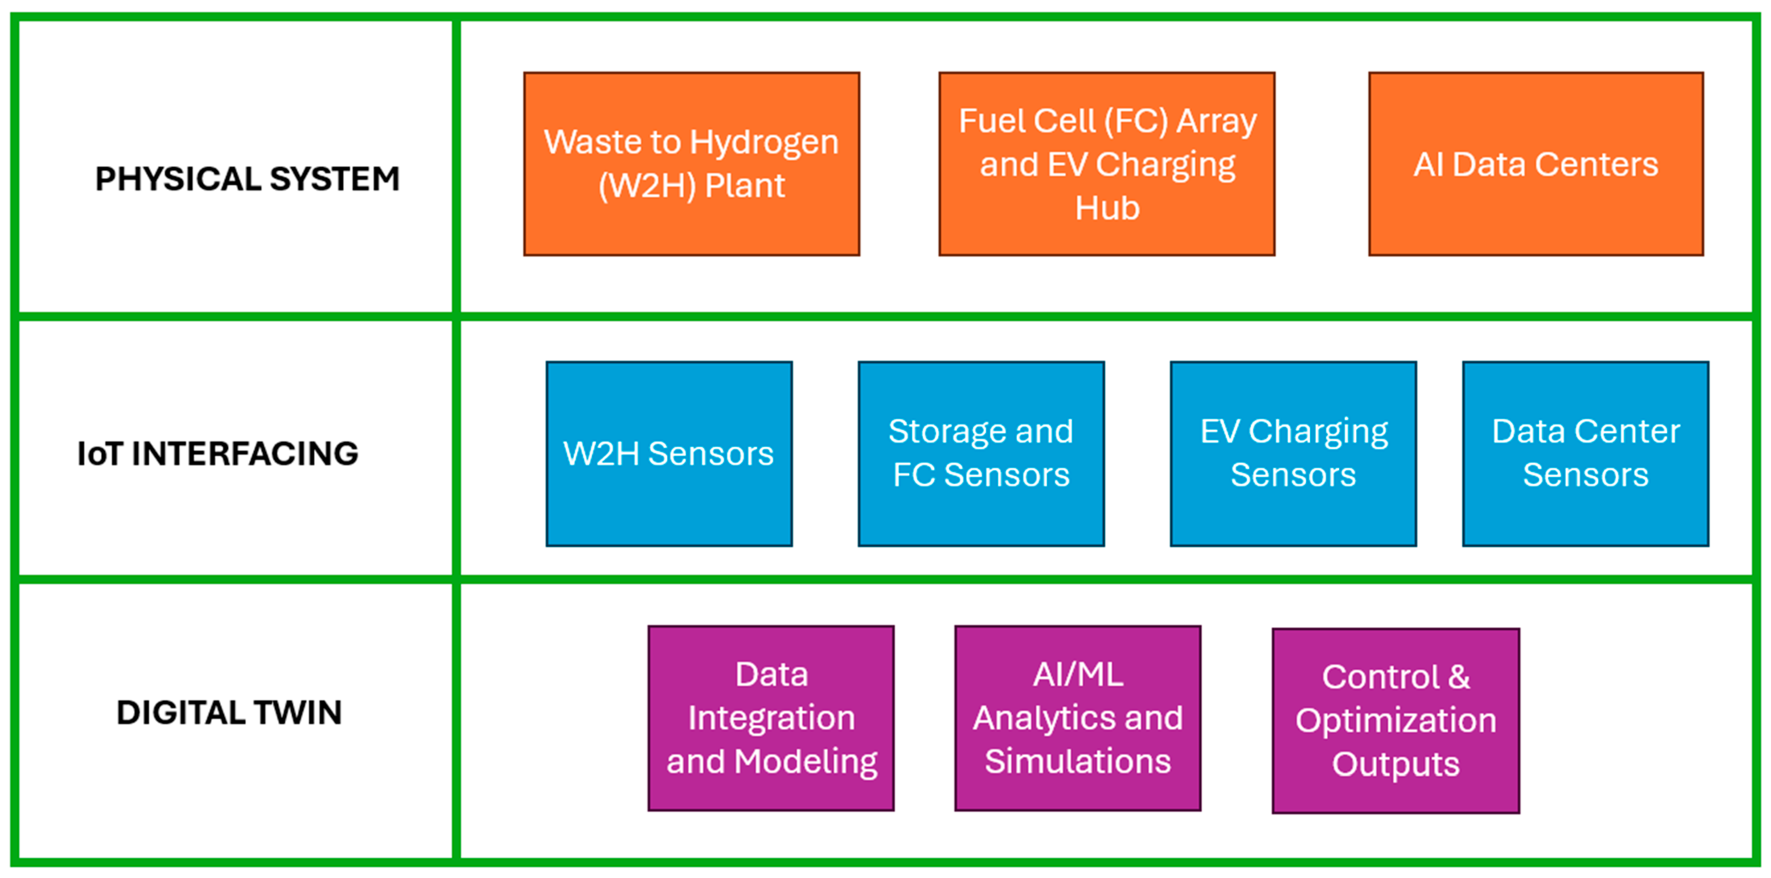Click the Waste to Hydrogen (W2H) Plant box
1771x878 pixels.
tap(692, 164)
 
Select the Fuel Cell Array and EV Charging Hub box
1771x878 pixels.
tap(1107, 164)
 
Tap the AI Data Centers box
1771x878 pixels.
tap(1536, 164)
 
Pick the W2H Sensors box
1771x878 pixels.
tap(669, 454)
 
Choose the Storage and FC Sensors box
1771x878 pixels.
tap(981, 454)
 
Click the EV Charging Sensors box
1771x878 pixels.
tap(1293, 454)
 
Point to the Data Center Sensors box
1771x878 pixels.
tap(1585, 454)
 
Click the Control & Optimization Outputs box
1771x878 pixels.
tap(1396, 721)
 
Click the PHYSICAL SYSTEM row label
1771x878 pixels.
tap(247, 179)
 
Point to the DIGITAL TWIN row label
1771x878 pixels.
tap(229, 713)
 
